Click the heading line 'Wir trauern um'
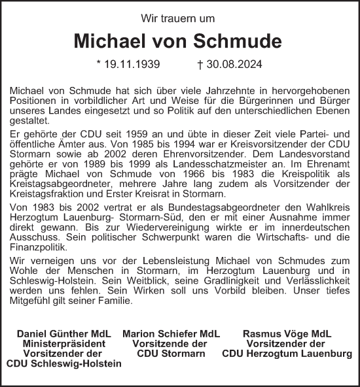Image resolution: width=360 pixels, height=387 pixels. pyautogui.click(x=180, y=18)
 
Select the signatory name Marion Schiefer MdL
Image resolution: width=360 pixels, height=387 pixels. pyautogui.click(x=170, y=334)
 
